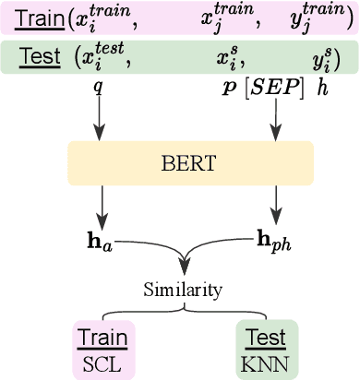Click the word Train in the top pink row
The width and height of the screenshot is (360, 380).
click(34, 18)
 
